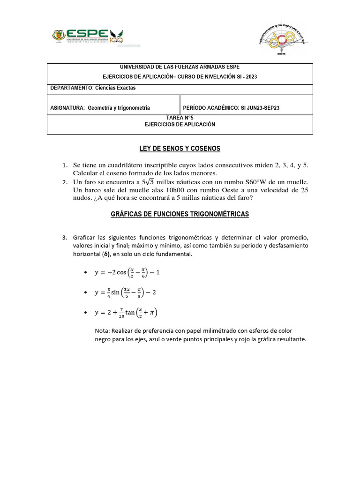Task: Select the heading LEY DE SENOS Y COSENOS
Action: tap(180, 149)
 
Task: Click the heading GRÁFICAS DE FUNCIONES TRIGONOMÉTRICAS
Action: tap(180, 214)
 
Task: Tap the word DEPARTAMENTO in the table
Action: tap(71, 88)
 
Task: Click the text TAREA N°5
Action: tap(180, 118)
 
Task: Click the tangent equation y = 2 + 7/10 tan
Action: tap(129, 312)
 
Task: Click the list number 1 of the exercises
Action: tap(65, 166)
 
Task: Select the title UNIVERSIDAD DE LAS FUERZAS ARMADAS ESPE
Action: tap(180, 67)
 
